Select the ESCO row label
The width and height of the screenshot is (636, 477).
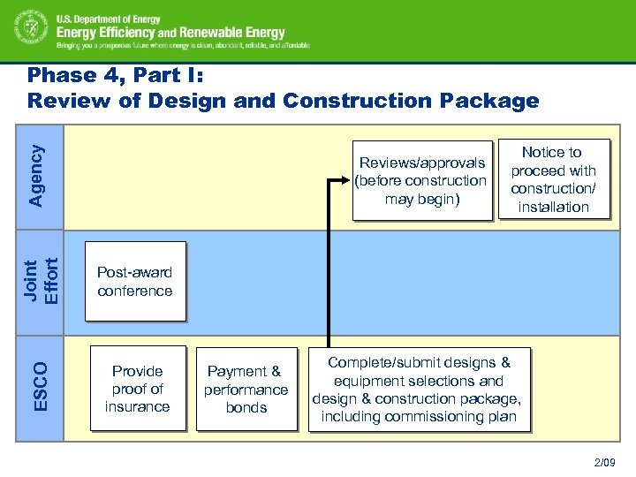[42, 385]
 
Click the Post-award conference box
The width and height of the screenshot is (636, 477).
[135, 281]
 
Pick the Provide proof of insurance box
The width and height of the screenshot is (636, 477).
[138, 389]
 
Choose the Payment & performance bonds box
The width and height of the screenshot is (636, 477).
[246, 389]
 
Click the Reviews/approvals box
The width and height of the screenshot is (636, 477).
[421, 180]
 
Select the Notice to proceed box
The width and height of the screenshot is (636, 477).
[553, 179]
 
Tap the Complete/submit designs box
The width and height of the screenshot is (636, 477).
[420, 390]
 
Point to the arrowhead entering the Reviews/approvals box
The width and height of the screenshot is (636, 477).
[347, 180]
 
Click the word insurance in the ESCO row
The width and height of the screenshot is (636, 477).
[138, 407]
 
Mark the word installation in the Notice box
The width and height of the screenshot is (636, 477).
[553, 208]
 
